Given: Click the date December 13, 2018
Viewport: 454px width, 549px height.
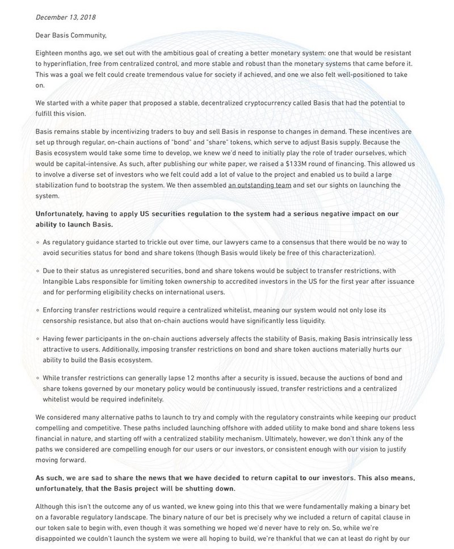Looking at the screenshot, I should (65, 18).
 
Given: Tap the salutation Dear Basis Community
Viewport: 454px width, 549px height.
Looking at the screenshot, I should (71, 35).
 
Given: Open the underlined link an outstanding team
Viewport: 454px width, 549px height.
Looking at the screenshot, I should (259, 185).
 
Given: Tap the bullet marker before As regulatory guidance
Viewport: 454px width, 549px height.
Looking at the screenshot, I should (37, 242).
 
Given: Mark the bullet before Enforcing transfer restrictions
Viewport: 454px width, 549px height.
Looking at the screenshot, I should (37, 311).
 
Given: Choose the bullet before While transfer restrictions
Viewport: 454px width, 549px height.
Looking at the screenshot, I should (37, 379).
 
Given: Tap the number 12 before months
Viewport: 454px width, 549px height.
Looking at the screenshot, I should (167, 378).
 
